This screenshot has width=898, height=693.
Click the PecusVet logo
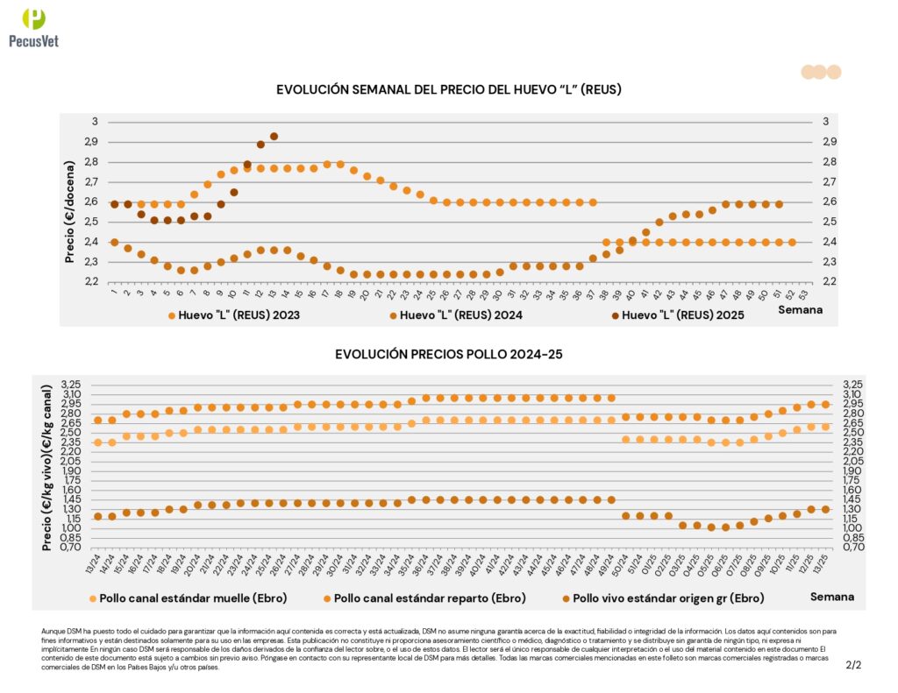(x=33, y=27)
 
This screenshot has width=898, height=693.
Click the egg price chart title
(x=449, y=89)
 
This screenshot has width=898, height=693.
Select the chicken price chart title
(x=448, y=354)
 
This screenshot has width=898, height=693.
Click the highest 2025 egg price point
(x=274, y=137)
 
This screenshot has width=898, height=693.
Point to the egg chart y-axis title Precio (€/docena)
(x=70, y=200)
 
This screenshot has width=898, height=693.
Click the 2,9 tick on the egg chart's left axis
(x=91, y=142)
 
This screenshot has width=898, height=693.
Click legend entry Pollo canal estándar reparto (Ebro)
(x=430, y=598)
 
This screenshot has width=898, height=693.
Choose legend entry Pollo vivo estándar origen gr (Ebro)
(x=666, y=598)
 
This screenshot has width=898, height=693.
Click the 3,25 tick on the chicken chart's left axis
(x=70, y=385)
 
